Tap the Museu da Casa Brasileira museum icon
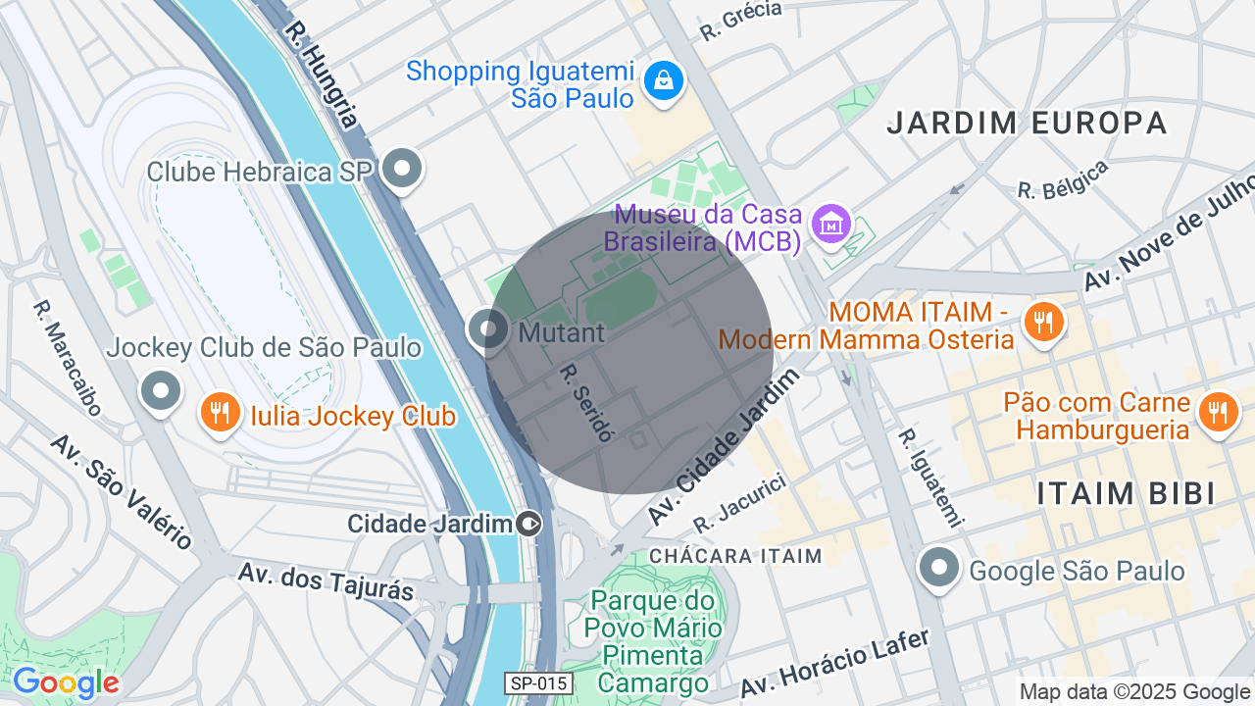tap(831, 227)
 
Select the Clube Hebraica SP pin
tap(401, 170)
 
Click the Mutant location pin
tap(487, 329)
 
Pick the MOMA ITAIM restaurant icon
tap(1043, 322)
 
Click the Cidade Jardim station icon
tap(529, 524)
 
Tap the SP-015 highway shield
tap(538, 683)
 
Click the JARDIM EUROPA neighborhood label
tap(1027, 123)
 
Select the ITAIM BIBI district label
tap(1126, 493)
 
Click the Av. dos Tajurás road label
tap(326, 580)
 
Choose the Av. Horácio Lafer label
tap(834, 664)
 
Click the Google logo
tap(66, 683)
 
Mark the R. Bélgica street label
tap(1063, 179)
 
